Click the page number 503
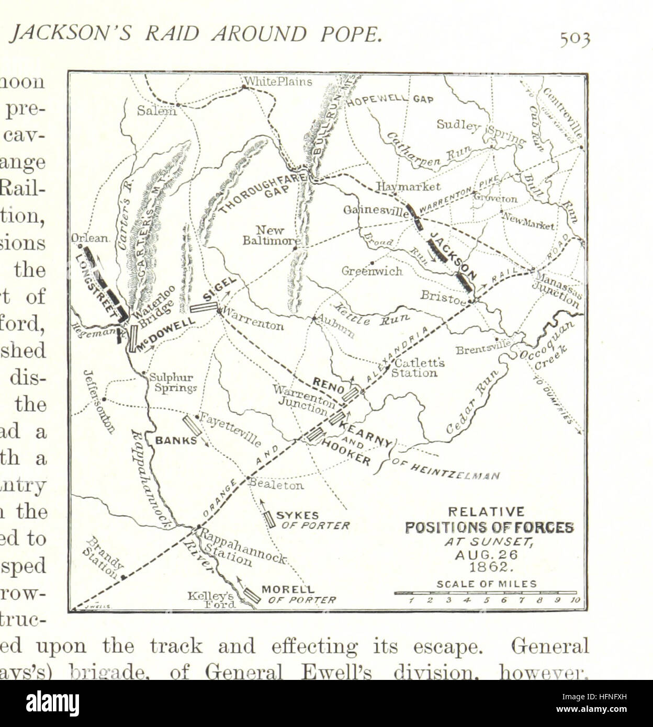(x=575, y=39)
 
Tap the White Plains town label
(x=278, y=82)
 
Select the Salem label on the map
(x=156, y=110)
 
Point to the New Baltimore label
(x=271, y=235)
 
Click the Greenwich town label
(x=372, y=271)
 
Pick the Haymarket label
(x=408, y=187)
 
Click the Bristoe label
(x=443, y=296)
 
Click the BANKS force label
(x=176, y=440)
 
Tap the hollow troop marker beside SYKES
(x=269, y=518)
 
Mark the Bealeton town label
(x=277, y=485)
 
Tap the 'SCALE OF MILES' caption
(x=486, y=584)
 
